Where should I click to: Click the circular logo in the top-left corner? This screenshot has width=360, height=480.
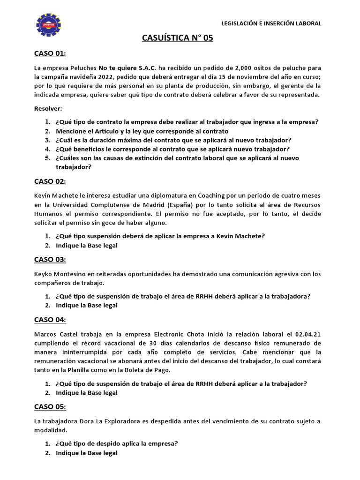coord(48,25)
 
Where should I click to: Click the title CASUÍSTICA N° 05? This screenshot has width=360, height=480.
coord(178,38)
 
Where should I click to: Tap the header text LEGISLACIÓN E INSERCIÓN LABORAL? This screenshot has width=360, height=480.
coord(271,23)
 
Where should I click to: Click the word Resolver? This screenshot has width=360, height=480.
coord(48,108)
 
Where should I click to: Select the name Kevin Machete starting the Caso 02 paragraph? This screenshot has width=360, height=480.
coord(56,195)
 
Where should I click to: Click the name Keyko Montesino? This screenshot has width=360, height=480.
coord(61,274)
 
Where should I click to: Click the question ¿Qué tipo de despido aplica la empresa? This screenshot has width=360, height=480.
coord(117,443)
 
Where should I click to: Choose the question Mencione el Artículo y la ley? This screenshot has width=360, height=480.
coord(142,131)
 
